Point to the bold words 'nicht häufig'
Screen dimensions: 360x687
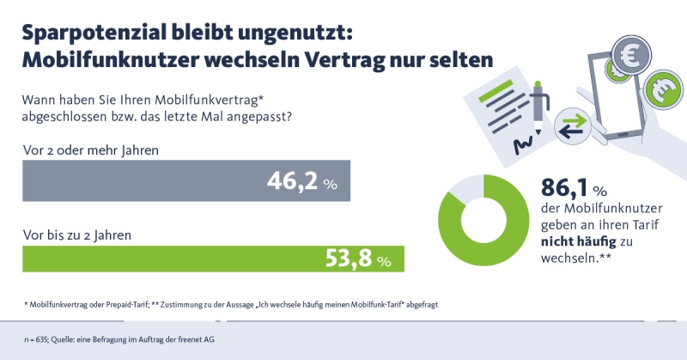pos(581,241)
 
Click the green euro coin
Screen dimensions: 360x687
pos(665,88)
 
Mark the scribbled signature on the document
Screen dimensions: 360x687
pos(522,146)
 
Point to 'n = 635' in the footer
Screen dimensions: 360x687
pos(37,340)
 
